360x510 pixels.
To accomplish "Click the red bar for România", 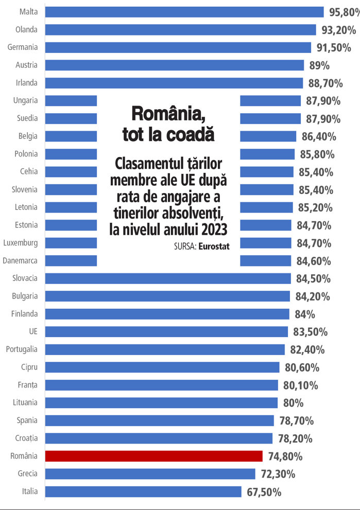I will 153,456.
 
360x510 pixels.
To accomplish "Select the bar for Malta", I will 184,12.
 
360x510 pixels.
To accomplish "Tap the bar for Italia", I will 143,491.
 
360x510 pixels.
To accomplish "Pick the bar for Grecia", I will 150,473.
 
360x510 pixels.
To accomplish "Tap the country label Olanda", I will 26,29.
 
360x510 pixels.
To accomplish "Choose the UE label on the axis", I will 33,331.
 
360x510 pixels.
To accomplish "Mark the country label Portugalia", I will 22,349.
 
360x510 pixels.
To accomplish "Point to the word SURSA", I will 184,247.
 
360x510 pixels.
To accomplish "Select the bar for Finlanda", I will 167,314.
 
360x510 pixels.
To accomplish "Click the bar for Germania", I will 178,47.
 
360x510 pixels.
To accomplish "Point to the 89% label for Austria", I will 319,65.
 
